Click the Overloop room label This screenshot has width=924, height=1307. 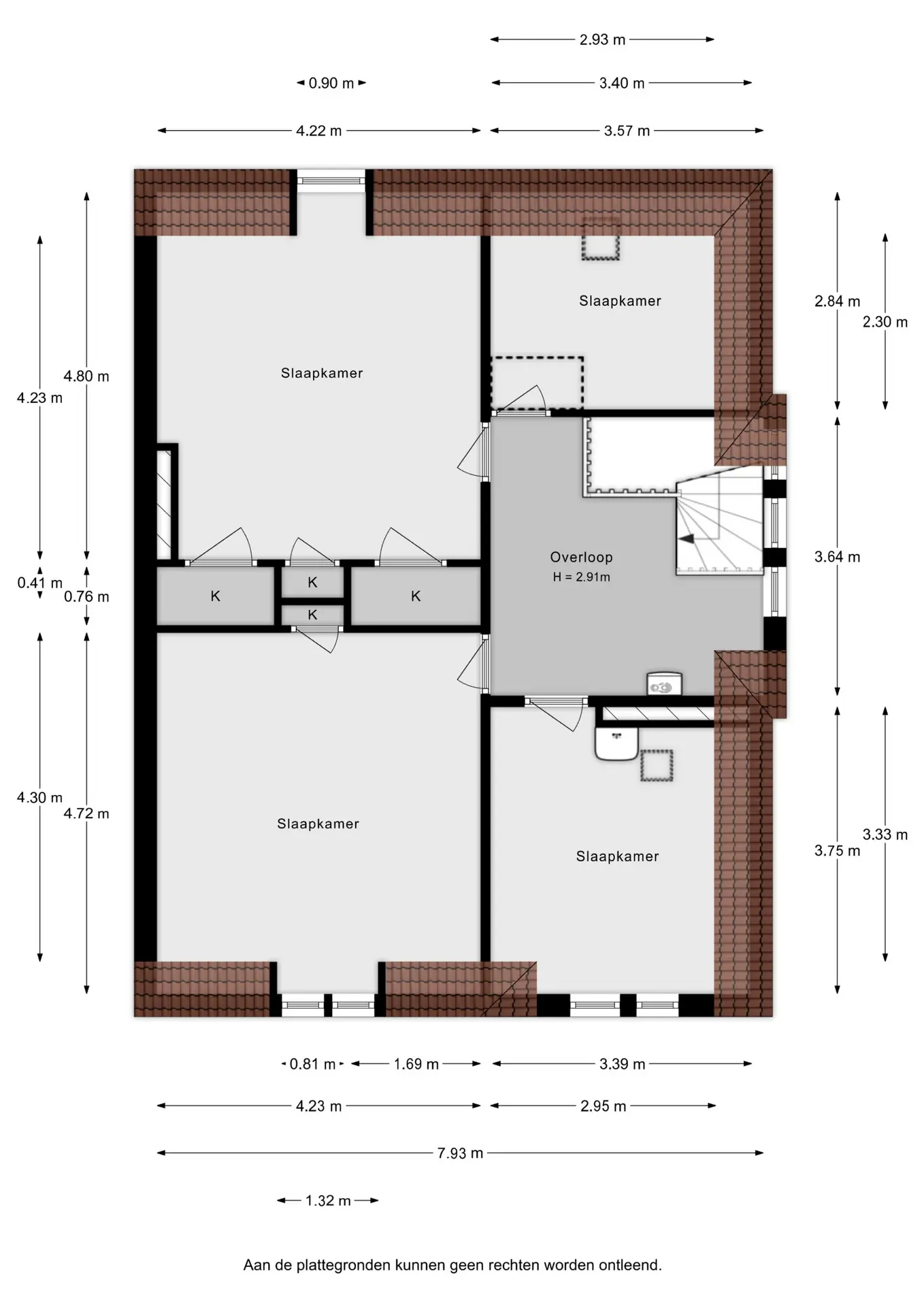coord(581,557)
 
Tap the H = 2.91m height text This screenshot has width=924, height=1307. coord(581,577)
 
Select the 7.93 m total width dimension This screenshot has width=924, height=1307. coord(460,1153)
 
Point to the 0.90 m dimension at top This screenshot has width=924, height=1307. coord(331,83)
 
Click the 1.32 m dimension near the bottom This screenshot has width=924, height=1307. coord(328,1201)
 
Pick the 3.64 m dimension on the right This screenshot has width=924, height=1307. coord(837,557)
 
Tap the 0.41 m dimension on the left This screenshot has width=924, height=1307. coord(39,583)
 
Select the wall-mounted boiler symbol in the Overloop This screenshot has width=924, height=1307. coord(663,684)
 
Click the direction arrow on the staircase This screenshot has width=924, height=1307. coord(687,538)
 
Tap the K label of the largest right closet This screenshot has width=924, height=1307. coord(416,596)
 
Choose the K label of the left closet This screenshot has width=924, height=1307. coord(215,596)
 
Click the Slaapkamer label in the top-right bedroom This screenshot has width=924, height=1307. coord(620,301)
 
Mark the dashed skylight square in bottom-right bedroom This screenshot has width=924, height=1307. coord(656,765)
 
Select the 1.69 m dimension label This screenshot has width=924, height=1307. coord(416,1064)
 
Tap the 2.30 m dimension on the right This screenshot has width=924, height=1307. coord(885,322)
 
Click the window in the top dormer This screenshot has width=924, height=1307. coord(331,180)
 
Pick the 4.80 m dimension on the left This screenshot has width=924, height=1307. coord(86,376)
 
